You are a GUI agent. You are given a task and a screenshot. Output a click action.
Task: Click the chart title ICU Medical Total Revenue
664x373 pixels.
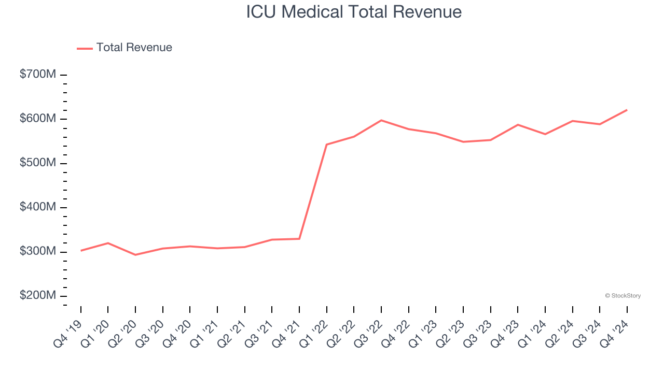pos(354,12)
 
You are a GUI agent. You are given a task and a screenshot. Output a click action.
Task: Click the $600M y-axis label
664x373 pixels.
pos(38,119)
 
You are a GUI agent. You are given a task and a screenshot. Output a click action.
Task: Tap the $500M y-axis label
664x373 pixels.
pos(38,163)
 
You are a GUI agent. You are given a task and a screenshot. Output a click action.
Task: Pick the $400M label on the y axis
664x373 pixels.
pos(38,207)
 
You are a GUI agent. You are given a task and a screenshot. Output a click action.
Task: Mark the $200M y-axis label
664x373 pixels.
pos(38,296)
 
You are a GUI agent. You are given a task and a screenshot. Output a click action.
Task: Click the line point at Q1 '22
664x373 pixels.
pos(327,145)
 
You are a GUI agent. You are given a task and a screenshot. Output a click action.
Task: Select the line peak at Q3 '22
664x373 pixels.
pos(381,120)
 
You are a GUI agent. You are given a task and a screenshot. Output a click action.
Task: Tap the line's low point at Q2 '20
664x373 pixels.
pos(135,255)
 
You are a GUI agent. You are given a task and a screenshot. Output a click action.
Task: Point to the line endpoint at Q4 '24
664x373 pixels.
pos(627,110)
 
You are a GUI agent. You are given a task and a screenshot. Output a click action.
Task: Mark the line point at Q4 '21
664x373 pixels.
pos(299,239)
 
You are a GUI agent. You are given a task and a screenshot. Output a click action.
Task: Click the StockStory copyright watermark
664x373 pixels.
pos(622,296)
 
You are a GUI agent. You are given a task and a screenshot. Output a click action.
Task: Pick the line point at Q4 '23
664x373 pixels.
pos(518,125)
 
